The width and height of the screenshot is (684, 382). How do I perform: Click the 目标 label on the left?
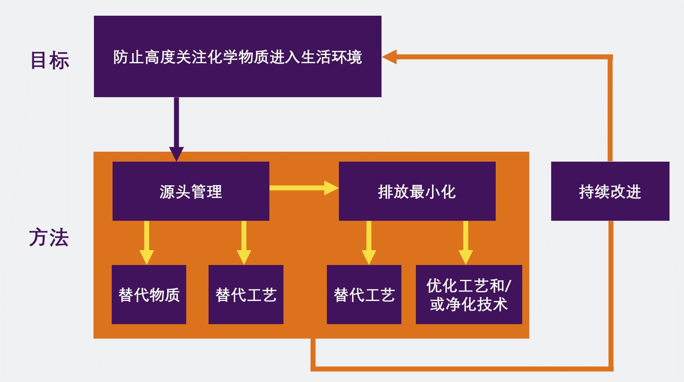[50, 60]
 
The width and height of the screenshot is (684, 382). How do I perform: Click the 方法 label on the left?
[49, 238]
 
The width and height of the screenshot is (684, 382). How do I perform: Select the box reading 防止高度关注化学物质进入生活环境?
[238, 57]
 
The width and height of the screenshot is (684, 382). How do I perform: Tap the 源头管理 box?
[191, 191]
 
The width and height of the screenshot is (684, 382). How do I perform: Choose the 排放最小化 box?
[417, 191]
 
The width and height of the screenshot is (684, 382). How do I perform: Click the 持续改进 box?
[610, 191]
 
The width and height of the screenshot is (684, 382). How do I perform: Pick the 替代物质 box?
[149, 295]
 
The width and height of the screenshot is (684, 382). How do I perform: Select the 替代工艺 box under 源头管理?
[246, 295]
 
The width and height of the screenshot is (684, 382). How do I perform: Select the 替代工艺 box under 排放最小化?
[364, 295]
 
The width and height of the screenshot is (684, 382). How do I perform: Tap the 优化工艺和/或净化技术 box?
[469, 295]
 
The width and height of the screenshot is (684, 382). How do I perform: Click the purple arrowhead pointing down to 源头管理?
[176, 154]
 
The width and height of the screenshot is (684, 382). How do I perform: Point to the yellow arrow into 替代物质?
[146, 244]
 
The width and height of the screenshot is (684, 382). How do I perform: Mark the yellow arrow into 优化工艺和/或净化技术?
[466, 244]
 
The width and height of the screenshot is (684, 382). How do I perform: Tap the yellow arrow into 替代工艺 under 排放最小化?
[369, 244]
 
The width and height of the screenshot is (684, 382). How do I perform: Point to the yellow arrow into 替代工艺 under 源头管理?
[244, 244]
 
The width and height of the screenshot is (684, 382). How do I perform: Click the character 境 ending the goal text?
[355, 57]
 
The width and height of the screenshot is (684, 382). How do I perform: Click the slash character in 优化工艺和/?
[509, 286]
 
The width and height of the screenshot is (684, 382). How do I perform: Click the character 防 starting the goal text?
[121, 57]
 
